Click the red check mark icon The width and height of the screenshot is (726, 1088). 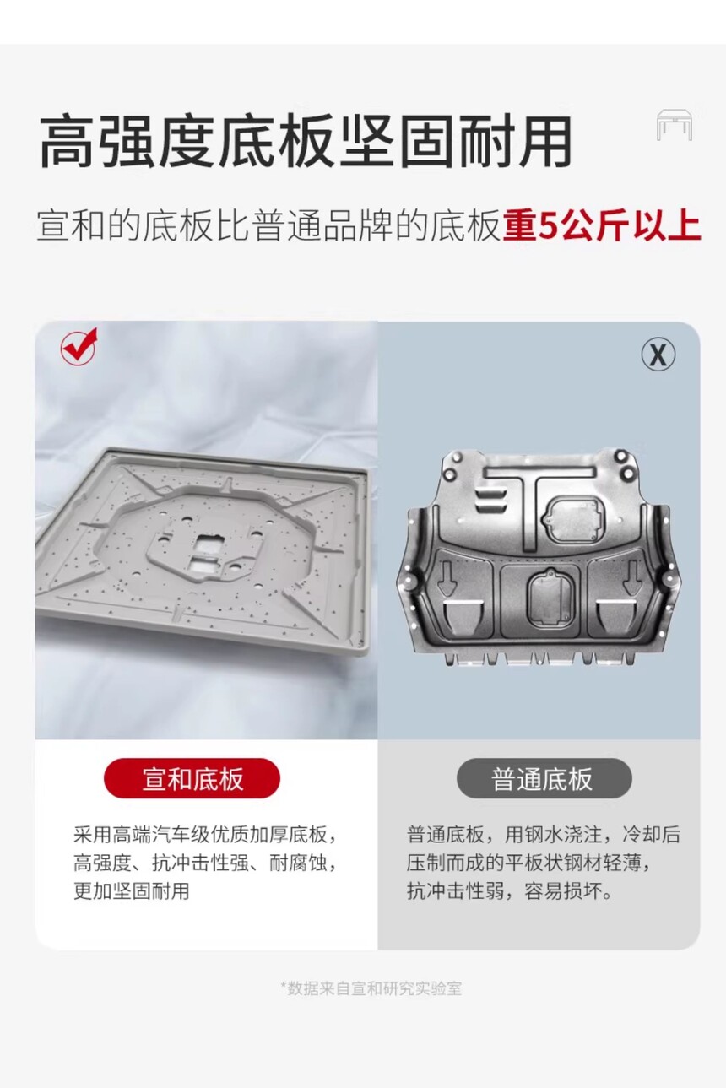79,345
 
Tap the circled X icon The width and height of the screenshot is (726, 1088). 658,355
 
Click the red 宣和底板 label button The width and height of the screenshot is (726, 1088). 192,778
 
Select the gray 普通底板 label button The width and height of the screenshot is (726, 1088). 544,778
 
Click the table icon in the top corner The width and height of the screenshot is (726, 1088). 675,125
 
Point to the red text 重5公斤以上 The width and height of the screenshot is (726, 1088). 602,225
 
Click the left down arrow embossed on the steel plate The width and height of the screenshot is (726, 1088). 447,578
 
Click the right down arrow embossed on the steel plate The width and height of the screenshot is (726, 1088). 632,578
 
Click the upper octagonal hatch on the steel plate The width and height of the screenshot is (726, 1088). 574,519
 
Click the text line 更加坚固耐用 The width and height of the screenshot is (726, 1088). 131,890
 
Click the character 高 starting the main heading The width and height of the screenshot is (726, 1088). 67,141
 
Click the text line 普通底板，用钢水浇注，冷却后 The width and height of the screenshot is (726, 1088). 544,835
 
